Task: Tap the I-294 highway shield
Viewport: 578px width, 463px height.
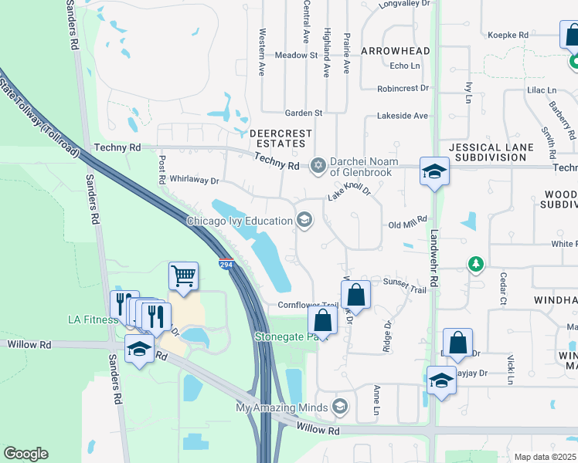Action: [226, 264]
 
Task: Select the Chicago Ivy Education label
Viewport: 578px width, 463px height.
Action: [239, 221]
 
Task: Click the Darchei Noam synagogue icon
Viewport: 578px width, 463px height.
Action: [318, 164]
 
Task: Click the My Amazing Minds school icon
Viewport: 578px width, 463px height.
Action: [339, 406]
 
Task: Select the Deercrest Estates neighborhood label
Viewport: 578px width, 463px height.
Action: [280, 139]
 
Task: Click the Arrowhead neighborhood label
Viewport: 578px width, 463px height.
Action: [394, 51]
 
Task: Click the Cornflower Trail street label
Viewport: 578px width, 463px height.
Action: [308, 306]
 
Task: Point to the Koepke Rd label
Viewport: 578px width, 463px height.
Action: [508, 35]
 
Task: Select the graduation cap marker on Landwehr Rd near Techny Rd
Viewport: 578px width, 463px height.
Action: [434, 171]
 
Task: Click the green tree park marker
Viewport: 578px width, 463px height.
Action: [477, 265]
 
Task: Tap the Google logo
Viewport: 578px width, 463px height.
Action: [25, 454]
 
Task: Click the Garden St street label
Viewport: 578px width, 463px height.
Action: [303, 113]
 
